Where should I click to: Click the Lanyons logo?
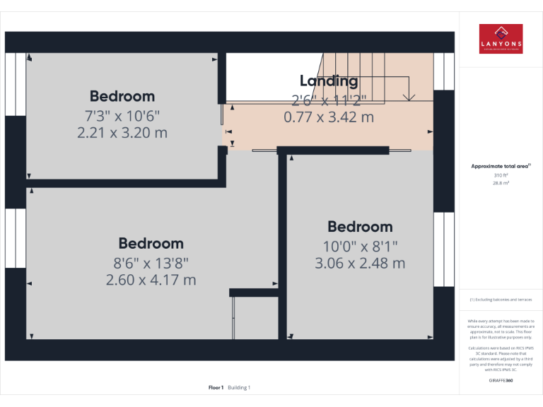click(501, 39)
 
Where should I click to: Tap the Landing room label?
click(329, 81)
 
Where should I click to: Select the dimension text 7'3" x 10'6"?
click(122, 115)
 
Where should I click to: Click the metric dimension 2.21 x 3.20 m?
click(122, 132)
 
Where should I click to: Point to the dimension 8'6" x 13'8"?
click(151, 263)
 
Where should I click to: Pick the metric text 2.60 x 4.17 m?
click(151, 280)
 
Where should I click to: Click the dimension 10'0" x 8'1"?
click(360, 246)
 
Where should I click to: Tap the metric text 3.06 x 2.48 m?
click(360, 263)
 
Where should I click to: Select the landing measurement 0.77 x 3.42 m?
click(329, 117)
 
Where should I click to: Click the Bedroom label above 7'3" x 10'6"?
click(122, 96)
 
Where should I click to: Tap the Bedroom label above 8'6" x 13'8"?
click(151, 243)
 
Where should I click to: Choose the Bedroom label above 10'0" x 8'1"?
click(360, 227)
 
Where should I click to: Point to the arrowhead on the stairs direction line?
click(407, 97)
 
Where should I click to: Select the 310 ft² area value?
click(501, 175)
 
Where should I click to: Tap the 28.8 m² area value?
click(501, 182)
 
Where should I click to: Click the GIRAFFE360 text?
click(501, 380)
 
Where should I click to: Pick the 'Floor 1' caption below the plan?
click(216, 387)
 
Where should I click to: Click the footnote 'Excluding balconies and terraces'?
click(501, 300)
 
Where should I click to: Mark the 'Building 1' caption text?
click(239, 387)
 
